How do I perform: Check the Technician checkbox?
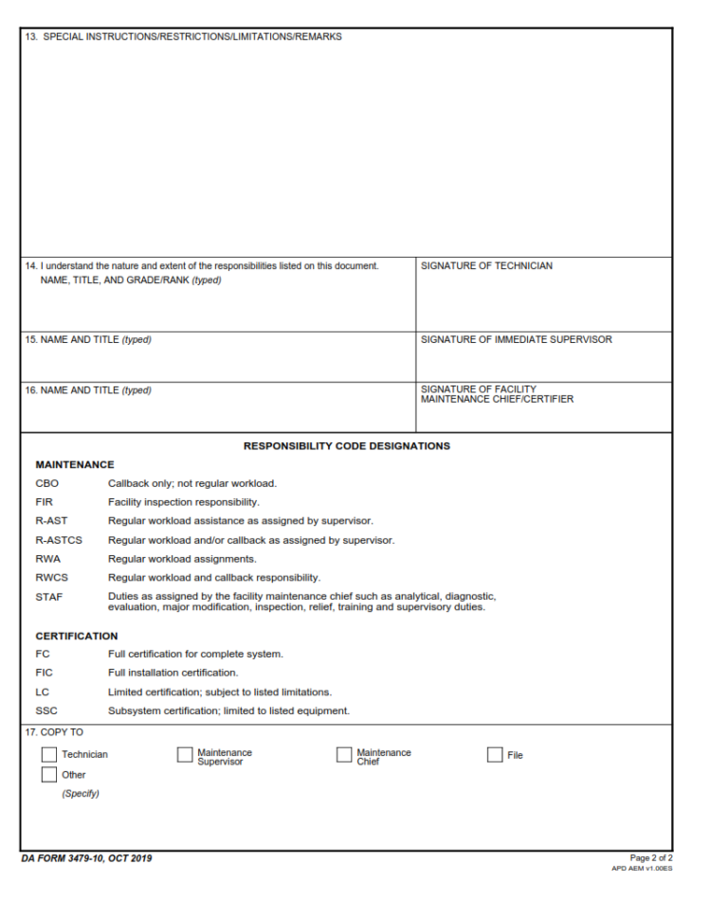pos(49,755)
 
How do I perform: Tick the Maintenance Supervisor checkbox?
pos(185,755)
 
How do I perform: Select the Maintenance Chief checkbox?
pos(344,755)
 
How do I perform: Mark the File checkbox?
pos(495,755)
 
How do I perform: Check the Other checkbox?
pos(49,775)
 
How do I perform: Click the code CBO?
pos(46,483)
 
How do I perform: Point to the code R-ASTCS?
pos(59,540)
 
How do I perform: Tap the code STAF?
pos(48,597)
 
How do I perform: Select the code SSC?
pos(46,710)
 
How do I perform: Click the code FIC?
pos(44,673)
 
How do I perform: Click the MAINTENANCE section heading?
pos(75,464)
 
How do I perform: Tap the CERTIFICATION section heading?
pos(77,636)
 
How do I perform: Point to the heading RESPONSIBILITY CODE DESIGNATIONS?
pos(347,446)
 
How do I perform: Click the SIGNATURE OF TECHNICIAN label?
pos(486,266)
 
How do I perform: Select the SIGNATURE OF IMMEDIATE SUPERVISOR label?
pos(517,340)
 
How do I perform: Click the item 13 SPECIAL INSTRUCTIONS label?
pos(184,37)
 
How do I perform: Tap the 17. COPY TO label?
pos(55,732)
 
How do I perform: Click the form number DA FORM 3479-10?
pos(86,858)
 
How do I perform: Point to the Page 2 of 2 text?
pos(651,858)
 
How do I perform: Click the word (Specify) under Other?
pos(81,794)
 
